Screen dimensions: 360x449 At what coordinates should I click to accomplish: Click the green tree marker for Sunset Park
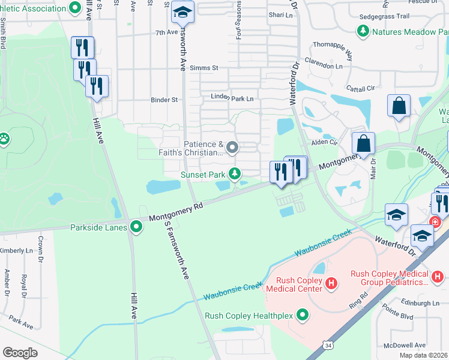235,174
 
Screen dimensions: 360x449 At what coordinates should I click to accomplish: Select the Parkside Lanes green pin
136,227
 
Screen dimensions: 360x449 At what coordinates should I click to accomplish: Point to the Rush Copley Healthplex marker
303,314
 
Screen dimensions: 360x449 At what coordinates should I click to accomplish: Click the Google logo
20,352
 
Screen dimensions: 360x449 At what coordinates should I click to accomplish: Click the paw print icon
5,139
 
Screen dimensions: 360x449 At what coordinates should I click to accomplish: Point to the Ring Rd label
358,299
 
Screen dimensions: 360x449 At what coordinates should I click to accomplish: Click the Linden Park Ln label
232,98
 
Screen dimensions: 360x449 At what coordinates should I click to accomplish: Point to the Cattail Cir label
359,89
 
